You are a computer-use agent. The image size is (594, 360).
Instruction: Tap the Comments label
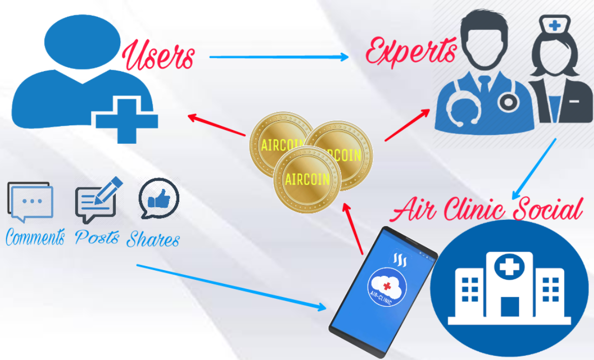click(x=35, y=237)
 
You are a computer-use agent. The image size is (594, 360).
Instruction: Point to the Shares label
click(x=153, y=239)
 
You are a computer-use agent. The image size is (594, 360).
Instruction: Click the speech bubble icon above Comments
click(x=30, y=202)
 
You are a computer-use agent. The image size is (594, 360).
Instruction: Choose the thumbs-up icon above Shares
click(x=159, y=198)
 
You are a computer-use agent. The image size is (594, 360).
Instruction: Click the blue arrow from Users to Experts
click(x=279, y=57)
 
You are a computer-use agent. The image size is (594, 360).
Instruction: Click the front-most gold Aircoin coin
click(x=306, y=178)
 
